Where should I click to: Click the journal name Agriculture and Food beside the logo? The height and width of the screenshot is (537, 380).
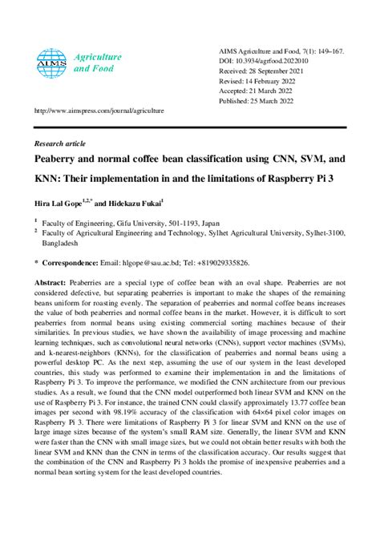point(97,63)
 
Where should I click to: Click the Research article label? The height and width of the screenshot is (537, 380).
point(59,143)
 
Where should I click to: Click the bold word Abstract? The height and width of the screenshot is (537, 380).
point(51,285)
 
